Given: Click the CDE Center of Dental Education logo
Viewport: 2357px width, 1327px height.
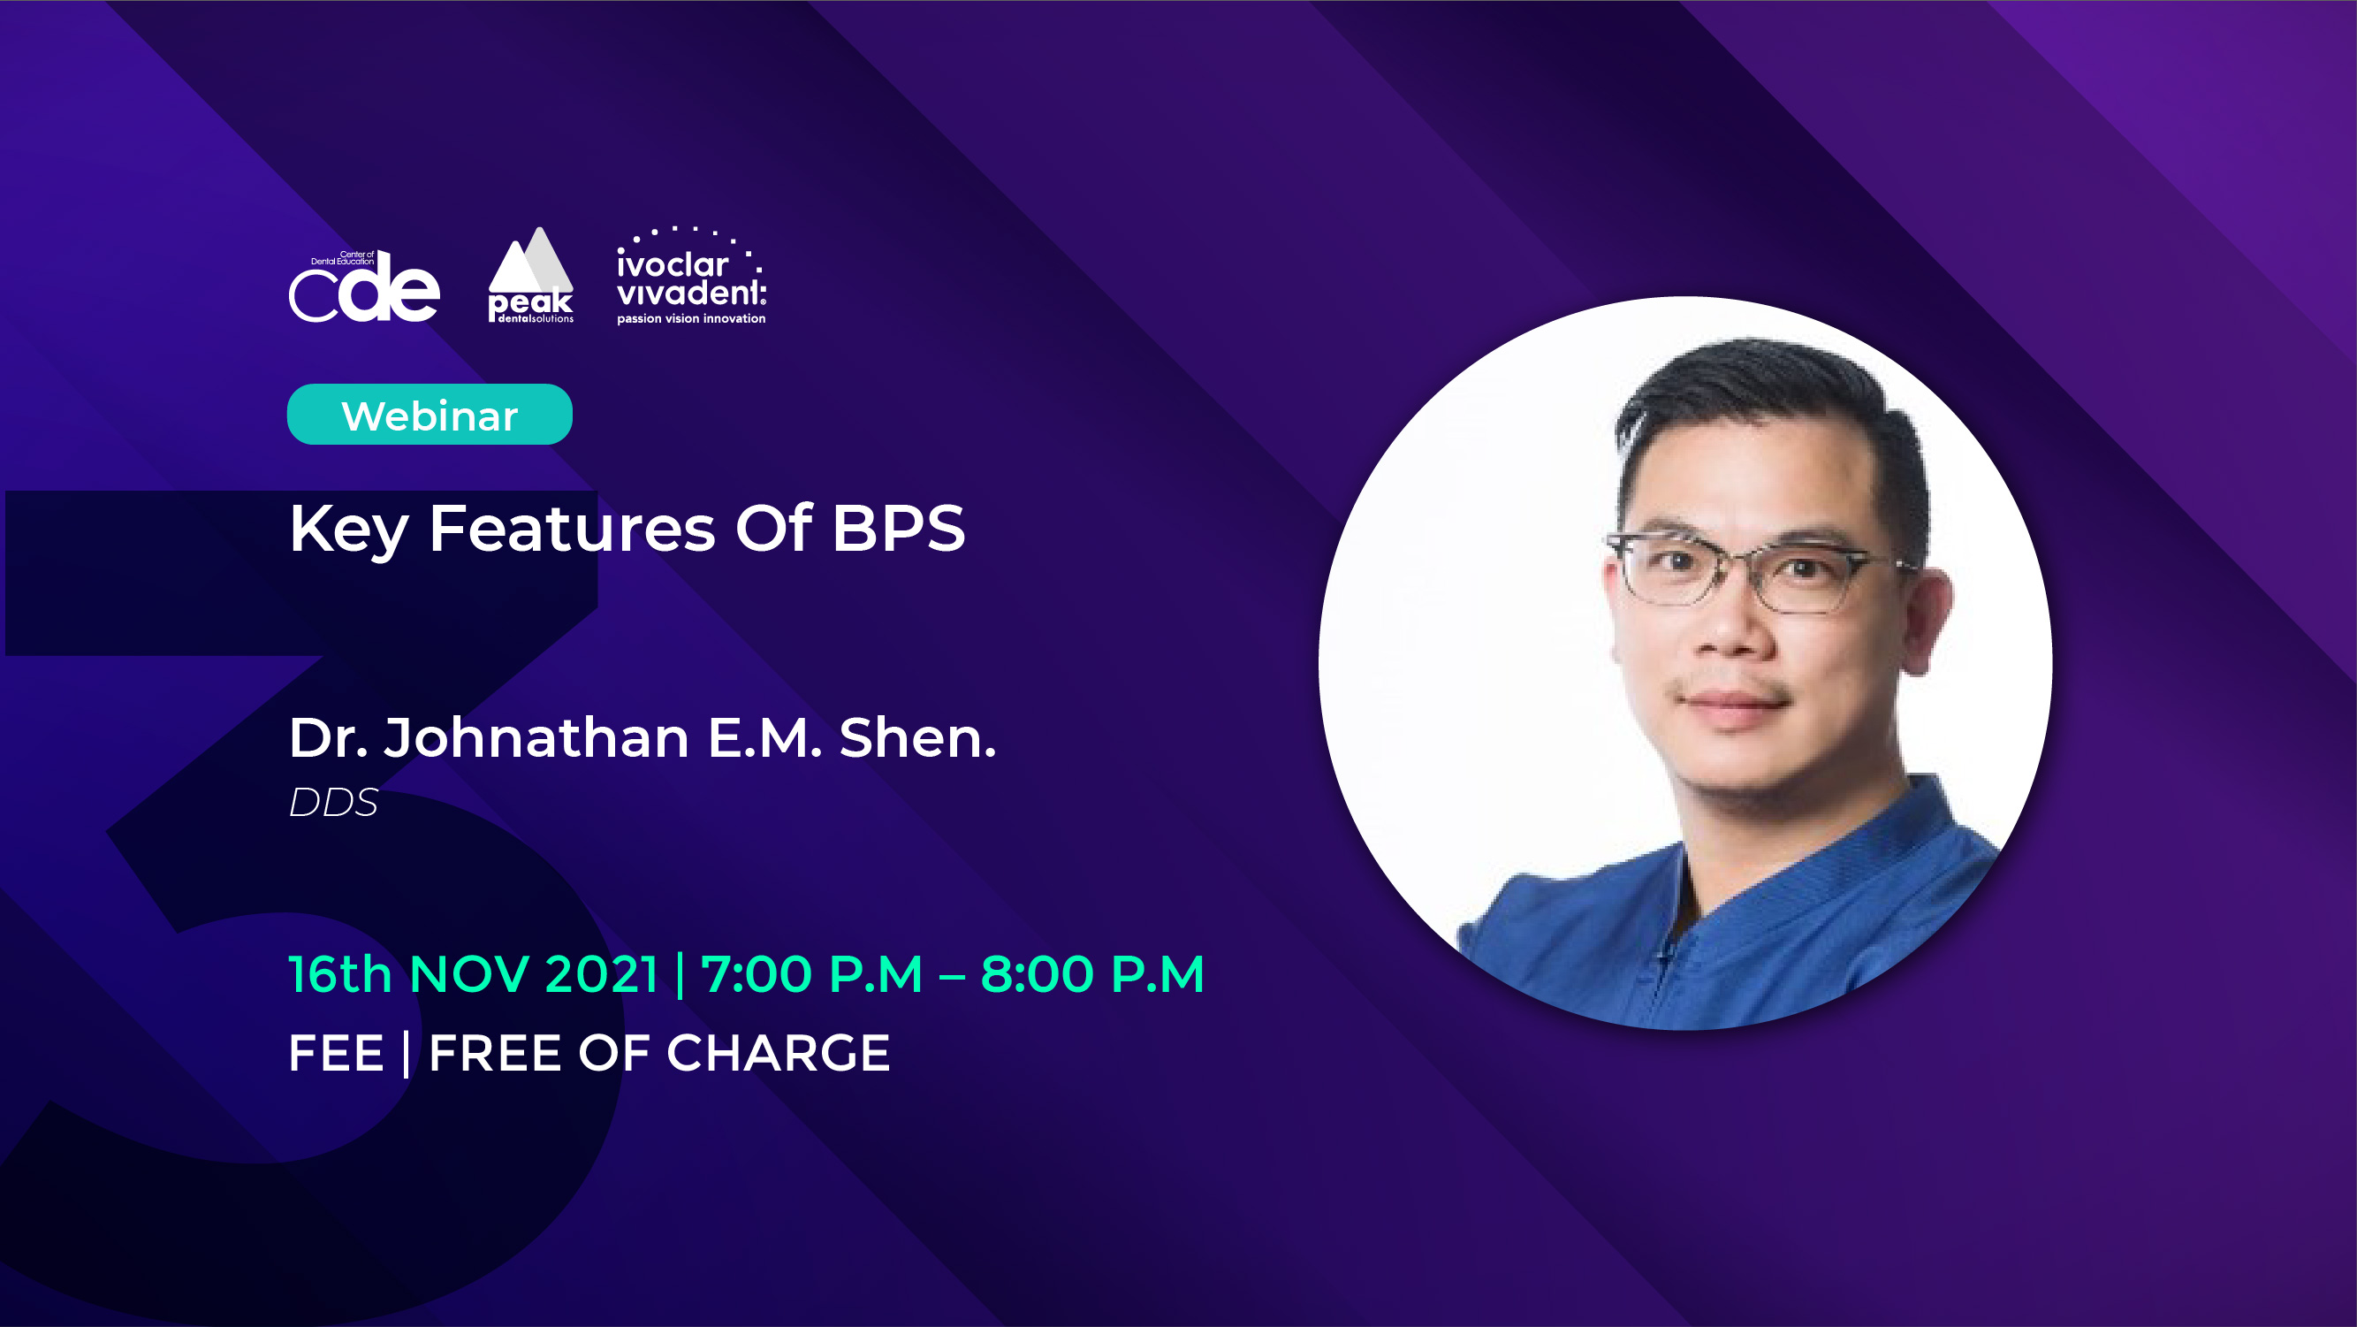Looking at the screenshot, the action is (x=364, y=286).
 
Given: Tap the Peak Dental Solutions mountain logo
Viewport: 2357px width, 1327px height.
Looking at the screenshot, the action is (x=530, y=275).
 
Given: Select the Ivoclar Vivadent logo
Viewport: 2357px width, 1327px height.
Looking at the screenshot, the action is (x=691, y=276).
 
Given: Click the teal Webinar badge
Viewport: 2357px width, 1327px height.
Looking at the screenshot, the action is (x=430, y=415).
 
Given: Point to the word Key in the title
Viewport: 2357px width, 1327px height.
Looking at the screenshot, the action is (x=348, y=529).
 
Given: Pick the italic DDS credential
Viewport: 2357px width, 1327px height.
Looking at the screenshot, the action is (x=334, y=803).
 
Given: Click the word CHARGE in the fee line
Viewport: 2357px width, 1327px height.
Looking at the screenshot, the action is (x=779, y=1052).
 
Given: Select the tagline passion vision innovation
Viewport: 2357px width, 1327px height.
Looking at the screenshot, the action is (x=691, y=318).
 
